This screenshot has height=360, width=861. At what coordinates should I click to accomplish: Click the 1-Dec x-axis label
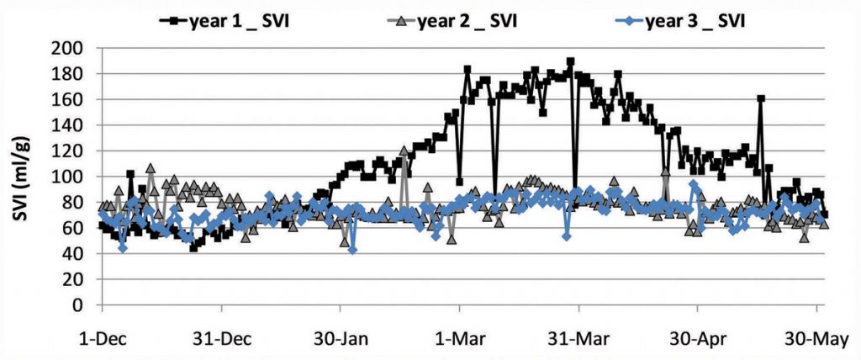coord(102,339)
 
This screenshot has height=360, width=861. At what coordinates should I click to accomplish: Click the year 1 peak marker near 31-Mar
coord(570,61)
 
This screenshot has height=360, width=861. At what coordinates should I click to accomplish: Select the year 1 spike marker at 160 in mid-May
coord(761,98)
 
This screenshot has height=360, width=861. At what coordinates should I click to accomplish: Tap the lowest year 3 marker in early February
coord(352,250)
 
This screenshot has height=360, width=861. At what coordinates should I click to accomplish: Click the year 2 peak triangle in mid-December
coord(151,168)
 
